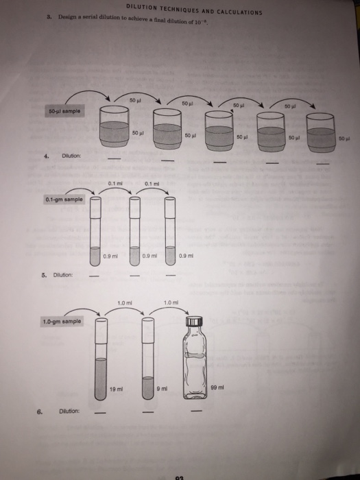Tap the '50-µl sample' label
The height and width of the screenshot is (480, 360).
point(63,110)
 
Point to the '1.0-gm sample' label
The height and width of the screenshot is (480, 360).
point(64,321)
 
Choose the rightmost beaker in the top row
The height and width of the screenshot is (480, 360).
point(323,132)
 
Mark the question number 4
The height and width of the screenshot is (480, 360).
point(46,156)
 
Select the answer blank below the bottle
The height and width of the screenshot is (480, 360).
point(197,412)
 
